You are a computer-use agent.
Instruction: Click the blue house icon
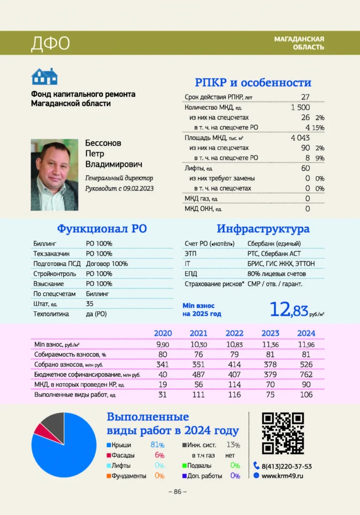tap(45, 76)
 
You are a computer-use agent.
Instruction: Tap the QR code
tap(283, 433)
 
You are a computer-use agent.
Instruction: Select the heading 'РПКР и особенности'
tap(253, 82)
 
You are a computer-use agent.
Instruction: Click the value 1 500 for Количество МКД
tap(300, 107)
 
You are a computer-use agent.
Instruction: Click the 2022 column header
tap(234, 333)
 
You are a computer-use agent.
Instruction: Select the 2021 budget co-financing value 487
tap(198, 375)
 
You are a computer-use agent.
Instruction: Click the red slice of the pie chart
tap(40, 428)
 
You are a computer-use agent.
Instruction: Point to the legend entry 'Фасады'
tap(123, 455)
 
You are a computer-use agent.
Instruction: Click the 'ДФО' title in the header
tap(50, 43)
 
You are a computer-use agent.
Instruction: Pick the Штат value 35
tap(90, 304)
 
